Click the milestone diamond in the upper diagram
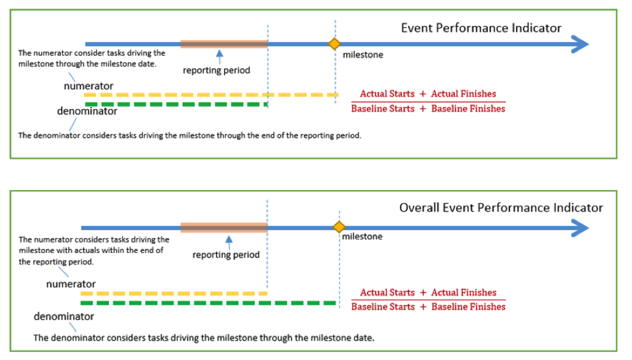334,43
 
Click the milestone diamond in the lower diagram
339,227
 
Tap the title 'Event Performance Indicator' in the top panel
481,28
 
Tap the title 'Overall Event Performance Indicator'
501,208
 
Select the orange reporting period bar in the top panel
224,44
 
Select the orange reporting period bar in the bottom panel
224,228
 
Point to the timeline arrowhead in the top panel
580,44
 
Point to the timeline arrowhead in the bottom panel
580,228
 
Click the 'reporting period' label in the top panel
217,71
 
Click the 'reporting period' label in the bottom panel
226,255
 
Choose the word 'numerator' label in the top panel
89,86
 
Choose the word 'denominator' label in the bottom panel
64,317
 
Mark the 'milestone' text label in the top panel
363,55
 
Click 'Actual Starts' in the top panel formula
387,93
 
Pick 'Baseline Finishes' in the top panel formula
468,108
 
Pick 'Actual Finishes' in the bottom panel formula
463,293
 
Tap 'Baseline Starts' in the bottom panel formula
383,307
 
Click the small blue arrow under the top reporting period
220,57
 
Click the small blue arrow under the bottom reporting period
229,243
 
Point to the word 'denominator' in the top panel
87,112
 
